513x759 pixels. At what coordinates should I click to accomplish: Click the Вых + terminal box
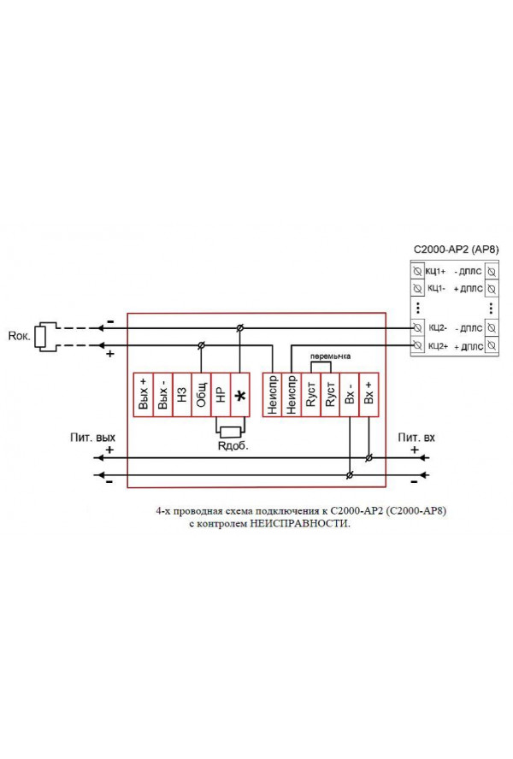143,395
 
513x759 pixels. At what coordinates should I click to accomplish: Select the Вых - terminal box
162,395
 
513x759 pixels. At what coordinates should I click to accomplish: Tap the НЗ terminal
182,395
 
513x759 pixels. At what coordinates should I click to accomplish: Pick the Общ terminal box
202,395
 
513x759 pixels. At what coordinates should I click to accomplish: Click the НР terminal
221,395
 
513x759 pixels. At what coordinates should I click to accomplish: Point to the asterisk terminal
240,395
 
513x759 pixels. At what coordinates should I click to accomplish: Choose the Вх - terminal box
349,395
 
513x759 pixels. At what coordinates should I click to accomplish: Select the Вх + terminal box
369,395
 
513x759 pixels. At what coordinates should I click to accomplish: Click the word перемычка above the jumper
330,356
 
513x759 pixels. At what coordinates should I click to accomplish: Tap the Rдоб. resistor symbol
230,432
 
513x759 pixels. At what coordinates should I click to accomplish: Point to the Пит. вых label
92,438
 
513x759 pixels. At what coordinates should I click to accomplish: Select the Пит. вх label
416,438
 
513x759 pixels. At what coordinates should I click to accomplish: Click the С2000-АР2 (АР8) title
456,250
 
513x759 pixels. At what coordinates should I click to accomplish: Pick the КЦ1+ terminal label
435,271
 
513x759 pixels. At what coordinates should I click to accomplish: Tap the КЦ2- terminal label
438,327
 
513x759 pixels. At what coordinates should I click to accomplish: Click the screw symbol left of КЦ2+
417,345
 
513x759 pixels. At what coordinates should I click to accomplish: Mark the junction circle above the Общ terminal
202,345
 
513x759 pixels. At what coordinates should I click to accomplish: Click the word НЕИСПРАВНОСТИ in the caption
299,524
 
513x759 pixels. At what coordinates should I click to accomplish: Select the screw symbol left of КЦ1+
417,271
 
